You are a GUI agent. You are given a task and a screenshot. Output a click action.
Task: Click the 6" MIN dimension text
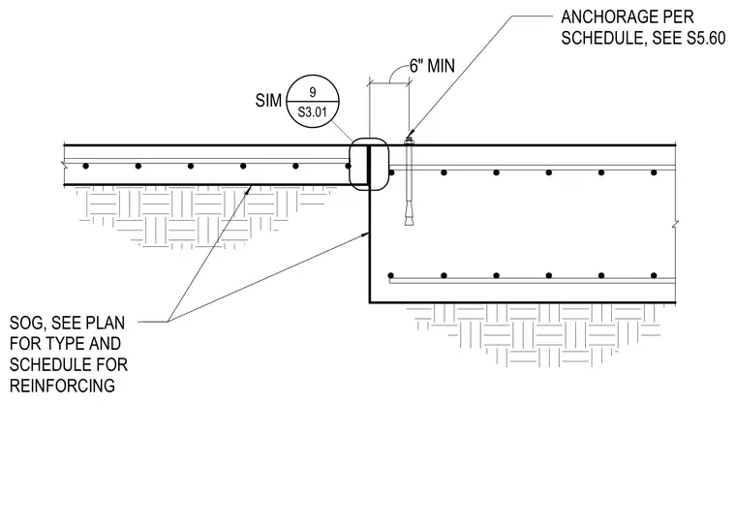click(x=432, y=66)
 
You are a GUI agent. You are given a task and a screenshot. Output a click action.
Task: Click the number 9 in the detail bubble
click(x=313, y=92)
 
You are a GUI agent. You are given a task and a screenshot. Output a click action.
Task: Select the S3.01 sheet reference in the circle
click(x=313, y=112)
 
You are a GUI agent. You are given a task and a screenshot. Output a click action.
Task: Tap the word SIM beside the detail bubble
click(x=268, y=101)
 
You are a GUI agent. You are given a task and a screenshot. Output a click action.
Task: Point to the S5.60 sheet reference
click(x=706, y=38)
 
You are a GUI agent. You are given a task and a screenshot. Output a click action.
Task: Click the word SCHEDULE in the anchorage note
click(x=599, y=38)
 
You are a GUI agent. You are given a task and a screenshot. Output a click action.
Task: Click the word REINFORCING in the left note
click(x=62, y=386)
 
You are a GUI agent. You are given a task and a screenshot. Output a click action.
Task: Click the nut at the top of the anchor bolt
click(x=409, y=140)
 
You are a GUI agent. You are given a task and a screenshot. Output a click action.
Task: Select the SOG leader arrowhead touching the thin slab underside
click(x=249, y=189)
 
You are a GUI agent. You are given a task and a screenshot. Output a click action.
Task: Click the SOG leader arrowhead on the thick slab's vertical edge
click(x=367, y=233)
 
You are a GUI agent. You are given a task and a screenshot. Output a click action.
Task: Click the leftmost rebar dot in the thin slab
click(x=85, y=166)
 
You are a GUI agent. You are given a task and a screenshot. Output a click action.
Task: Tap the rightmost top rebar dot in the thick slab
click(x=654, y=172)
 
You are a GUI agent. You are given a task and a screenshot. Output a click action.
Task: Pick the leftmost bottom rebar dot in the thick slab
click(x=391, y=275)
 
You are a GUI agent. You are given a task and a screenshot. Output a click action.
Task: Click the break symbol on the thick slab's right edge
click(x=675, y=225)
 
